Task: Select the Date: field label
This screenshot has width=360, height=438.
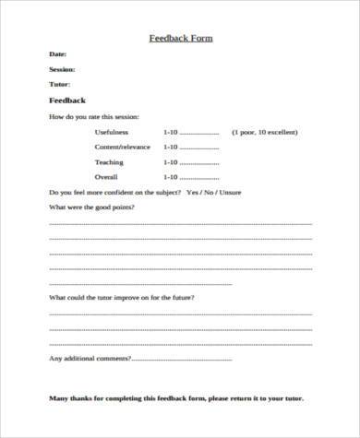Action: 56,55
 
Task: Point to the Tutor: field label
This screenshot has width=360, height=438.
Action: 58,83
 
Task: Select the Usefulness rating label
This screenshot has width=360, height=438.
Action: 113,133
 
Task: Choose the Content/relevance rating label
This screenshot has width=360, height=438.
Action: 121,148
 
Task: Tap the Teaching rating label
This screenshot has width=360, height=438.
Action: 109,162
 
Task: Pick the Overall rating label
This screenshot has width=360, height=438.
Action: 107,176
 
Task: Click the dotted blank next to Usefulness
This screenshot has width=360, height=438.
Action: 200,134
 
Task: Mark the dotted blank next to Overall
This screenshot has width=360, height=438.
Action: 200,177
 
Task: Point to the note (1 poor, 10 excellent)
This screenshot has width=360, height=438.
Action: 266,133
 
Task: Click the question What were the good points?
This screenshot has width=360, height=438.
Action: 90,208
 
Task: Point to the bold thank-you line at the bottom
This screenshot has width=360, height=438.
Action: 175,399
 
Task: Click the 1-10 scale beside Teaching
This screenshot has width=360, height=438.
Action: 170,162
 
